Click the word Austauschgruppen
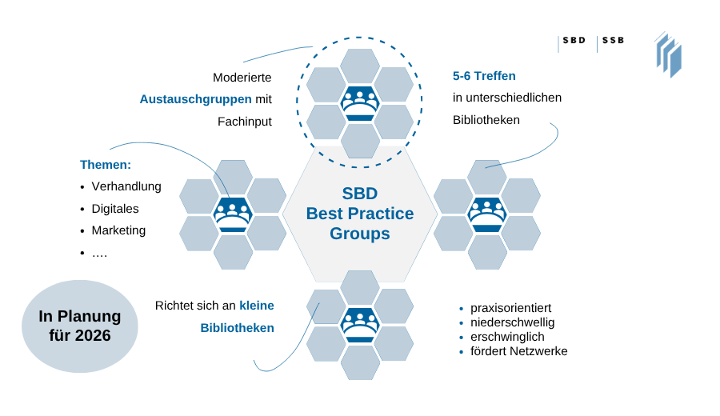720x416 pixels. (195, 99)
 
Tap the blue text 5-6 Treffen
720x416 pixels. (484, 76)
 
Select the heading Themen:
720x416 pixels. (106, 165)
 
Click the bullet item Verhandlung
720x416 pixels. (126, 186)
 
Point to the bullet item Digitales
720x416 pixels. (115, 208)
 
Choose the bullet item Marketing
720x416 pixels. (118, 230)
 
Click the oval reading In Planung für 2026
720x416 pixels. (80, 326)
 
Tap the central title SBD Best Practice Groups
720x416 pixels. (360, 214)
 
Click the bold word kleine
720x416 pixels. (256, 305)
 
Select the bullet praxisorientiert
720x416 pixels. (510, 308)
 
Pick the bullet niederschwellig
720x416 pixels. (512, 322)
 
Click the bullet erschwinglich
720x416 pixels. (508, 337)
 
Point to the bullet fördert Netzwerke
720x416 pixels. (518, 351)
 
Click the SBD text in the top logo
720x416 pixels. (574, 40)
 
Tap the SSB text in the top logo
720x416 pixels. (614, 40)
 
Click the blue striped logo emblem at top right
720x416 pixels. (668, 54)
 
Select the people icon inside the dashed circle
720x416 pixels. (360, 103)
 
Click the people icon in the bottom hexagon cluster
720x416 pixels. (360, 325)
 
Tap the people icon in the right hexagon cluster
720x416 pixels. (487, 214)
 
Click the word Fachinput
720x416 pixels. (245, 122)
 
